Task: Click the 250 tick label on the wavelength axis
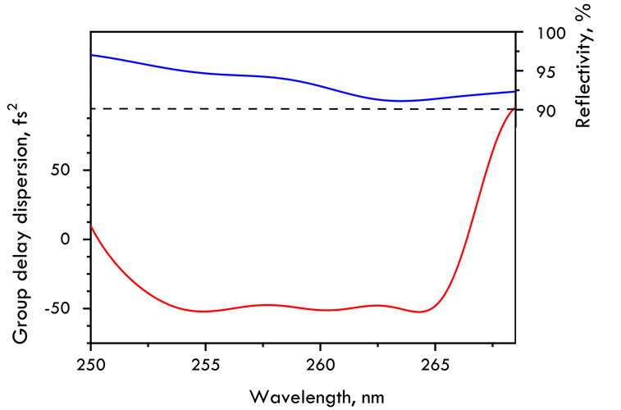click(x=90, y=364)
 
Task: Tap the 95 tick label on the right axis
click(x=542, y=72)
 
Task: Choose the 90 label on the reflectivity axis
click(x=542, y=111)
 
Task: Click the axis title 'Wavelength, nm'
click(x=316, y=396)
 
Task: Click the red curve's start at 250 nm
click(x=91, y=225)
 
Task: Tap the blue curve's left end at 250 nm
click(x=91, y=55)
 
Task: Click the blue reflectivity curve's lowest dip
click(x=400, y=101)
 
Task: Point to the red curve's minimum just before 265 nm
click(x=420, y=312)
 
